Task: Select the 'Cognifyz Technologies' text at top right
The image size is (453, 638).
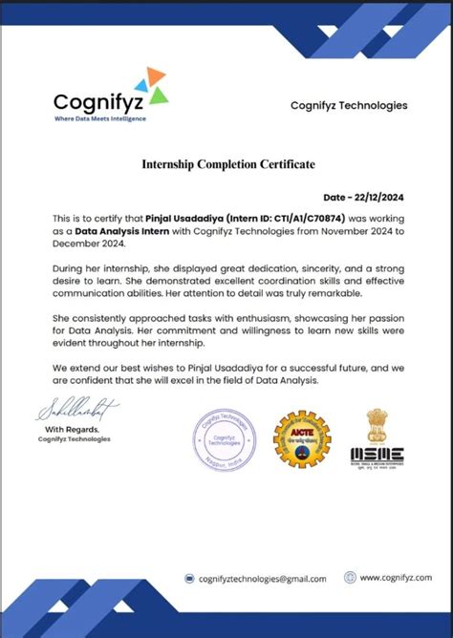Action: [x=348, y=105]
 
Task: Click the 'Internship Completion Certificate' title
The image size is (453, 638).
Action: [x=226, y=164]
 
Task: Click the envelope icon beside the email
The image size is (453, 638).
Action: [x=190, y=578]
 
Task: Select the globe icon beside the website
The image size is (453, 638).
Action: [x=351, y=577]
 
